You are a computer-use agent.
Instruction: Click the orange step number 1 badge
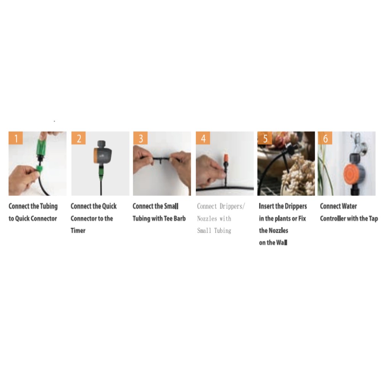point(16,138)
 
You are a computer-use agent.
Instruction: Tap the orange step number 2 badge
point(78,138)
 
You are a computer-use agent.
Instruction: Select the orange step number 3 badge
point(141,138)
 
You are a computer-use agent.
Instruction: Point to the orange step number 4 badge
point(203,138)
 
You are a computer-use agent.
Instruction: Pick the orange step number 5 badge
point(265,138)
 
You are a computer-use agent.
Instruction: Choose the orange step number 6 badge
point(325,138)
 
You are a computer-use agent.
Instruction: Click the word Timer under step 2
point(78,231)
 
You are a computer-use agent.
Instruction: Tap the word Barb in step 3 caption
point(180,218)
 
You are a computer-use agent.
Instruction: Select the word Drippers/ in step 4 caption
point(232,206)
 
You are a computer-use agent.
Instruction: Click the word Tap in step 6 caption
point(373,219)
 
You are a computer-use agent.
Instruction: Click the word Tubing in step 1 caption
point(49,207)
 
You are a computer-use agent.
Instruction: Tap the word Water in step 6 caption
point(349,206)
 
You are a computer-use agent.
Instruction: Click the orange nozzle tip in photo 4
point(226,157)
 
